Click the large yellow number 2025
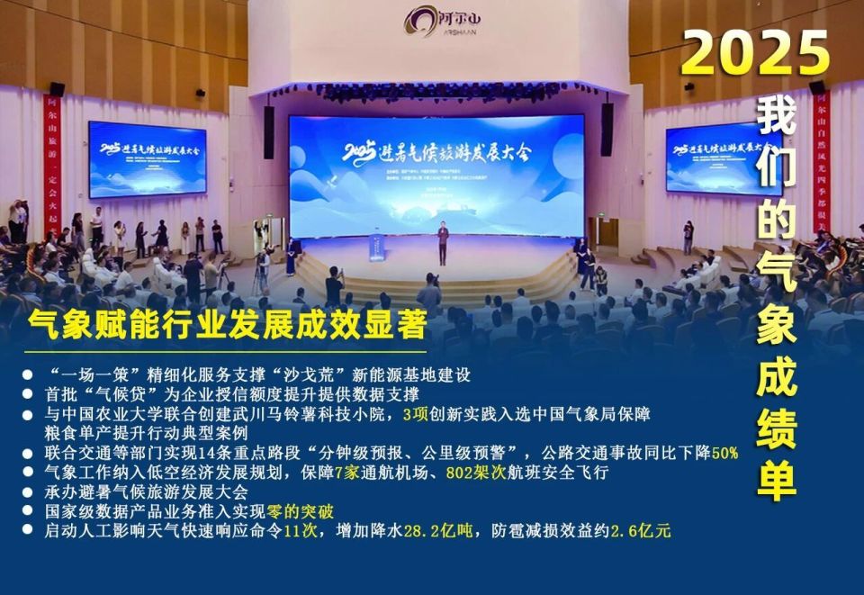[754, 55]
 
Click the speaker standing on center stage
[442, 243]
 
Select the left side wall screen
[147, 158]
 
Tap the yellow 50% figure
[724, 453]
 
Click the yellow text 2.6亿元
[640, 531]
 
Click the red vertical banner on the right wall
[821, 162]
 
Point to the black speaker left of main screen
[268, 131]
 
